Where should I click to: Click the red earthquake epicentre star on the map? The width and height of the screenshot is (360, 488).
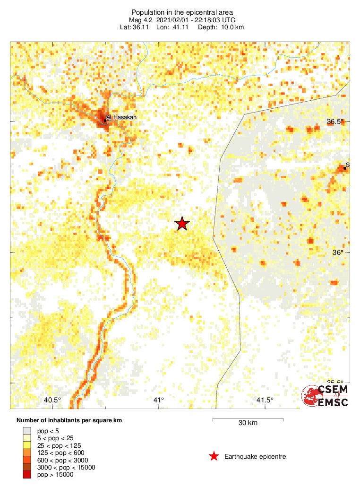[182, 224]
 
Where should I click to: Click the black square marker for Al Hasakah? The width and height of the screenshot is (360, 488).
[105, 121]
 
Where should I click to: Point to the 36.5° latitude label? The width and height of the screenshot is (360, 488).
[336, 122]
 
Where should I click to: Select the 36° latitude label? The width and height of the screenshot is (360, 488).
[337, 253]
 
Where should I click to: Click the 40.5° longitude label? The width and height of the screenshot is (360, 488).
[52, 400]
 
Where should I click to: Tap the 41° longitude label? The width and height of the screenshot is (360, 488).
[159, 400]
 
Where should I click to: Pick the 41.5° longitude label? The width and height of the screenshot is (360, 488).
[265, 400]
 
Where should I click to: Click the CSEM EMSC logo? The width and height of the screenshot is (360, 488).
[326, 396]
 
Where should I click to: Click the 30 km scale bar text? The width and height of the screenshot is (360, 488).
[248, 423]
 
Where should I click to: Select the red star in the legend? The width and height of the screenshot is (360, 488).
[214, 456]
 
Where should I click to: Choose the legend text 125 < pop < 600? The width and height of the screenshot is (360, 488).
[61, 453]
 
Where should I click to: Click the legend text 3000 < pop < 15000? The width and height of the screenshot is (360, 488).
[66, 467]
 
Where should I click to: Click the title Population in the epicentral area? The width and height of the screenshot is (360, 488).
[182, 12]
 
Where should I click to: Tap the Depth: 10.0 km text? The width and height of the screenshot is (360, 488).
[222, 27]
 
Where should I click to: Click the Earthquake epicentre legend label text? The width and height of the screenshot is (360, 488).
[255, 456]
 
